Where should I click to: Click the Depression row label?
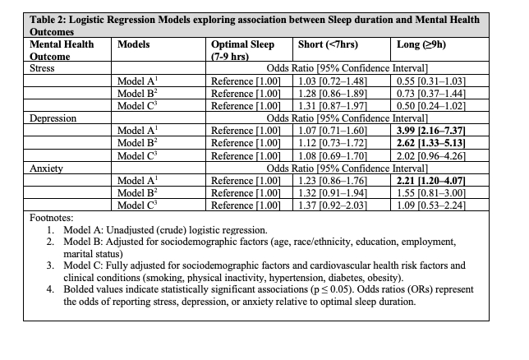[x=52, y=118]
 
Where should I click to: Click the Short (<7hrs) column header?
[x=336, y=44]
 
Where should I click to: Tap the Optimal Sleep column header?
[x=242, y=44]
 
